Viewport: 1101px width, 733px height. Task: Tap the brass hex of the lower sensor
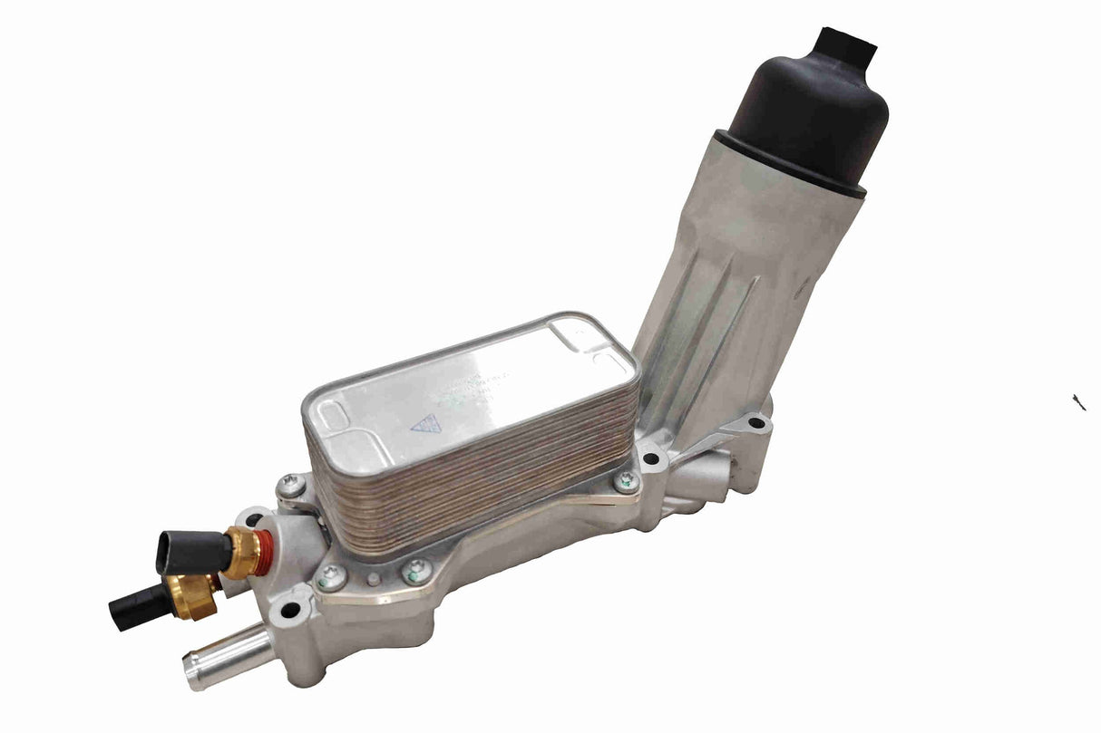click(194, 596)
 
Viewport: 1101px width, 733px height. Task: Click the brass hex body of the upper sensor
click(240, 551)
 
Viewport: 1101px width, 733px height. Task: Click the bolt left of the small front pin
click(332, 576)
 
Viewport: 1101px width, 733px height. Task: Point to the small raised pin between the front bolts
click(374, 578)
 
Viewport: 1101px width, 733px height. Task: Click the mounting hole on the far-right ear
click(755, 423)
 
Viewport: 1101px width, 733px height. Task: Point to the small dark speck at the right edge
click(1078, 401)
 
